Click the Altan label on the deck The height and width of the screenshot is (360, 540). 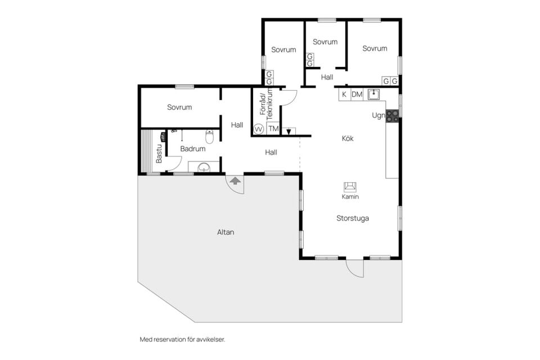click(x=226, y=232)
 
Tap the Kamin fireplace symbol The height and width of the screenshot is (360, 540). click(x=350, y=187)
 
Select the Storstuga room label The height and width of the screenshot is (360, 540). click(x=353, y=218)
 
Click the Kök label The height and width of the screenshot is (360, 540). click(x=348, y=138)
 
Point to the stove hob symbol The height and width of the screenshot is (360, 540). click(x=392, y=116)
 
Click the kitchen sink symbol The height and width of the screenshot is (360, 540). click(x=373, y=94)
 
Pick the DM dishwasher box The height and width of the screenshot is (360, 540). click(x=357, y=94)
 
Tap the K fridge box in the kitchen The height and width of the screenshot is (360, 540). click(x=344, y=94)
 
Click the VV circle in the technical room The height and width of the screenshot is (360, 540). click(x=258, y=129)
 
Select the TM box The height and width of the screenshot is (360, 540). click(x=273, y=129)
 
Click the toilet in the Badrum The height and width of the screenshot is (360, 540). click(x=209, y=137)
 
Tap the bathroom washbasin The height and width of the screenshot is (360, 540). click(x=204, y=168)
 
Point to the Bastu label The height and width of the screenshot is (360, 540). click(x=159, y=154)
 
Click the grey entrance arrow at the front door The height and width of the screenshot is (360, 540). click(x=235, y=181)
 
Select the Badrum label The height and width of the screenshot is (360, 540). click(x=193, y=149)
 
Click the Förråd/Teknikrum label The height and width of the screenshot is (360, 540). click(x=266, y=105)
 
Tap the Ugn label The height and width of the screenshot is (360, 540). click(x=378, y=116)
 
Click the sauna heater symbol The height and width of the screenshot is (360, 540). click(x=163, y=137)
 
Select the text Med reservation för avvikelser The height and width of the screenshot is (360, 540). click(x=182, y=339)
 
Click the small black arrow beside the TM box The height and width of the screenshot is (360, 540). click(x=289, y=131)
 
